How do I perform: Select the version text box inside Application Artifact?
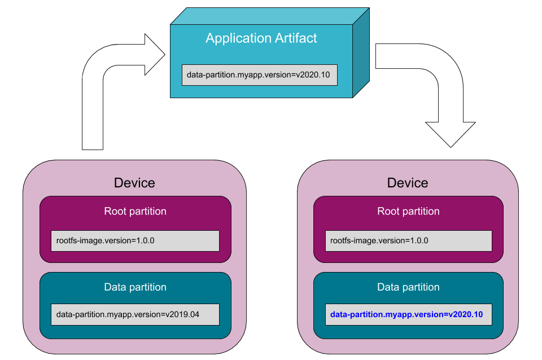tap(259, 74)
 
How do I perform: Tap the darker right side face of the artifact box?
tap(361, 54)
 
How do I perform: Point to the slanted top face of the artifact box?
tap(270, 16)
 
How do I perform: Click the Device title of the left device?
tap(134, 183)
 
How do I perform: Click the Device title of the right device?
tap(408, 183)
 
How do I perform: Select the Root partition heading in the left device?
tap(135, 212)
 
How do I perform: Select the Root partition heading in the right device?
tap(408, 212)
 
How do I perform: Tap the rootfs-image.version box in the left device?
tap(135, 240)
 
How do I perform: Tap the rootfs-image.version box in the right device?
tap(408, 240)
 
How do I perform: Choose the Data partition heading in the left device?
tap(135, 287)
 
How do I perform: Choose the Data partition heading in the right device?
tap(408, 287)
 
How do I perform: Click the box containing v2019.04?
tap(135, 314)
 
